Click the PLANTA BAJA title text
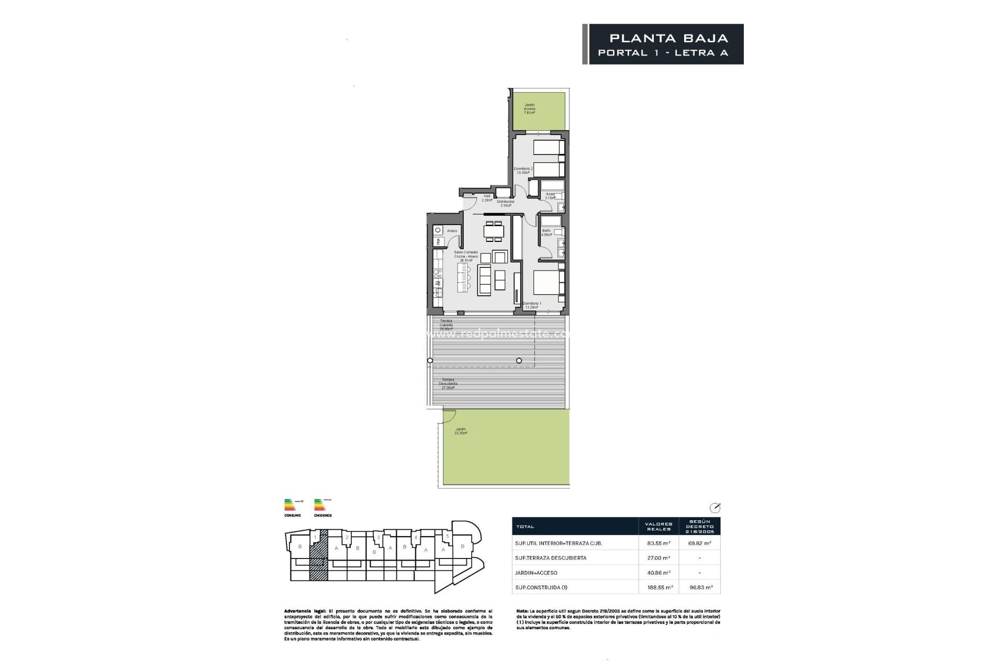pos(669,38)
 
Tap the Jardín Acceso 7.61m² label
pos(530,108)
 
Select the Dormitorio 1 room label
pos(532,305)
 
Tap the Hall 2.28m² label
pos(487,198)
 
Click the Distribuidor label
pos(506,203)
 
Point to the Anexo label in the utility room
pos(452,231)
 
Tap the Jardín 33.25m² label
pos(461,431)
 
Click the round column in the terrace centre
pos(519,360)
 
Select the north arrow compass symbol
pos(714,507)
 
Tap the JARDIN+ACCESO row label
pos(536,573)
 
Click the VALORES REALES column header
pos(658,526)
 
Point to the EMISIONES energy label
pos(323,515)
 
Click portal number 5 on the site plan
pos(447,536)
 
